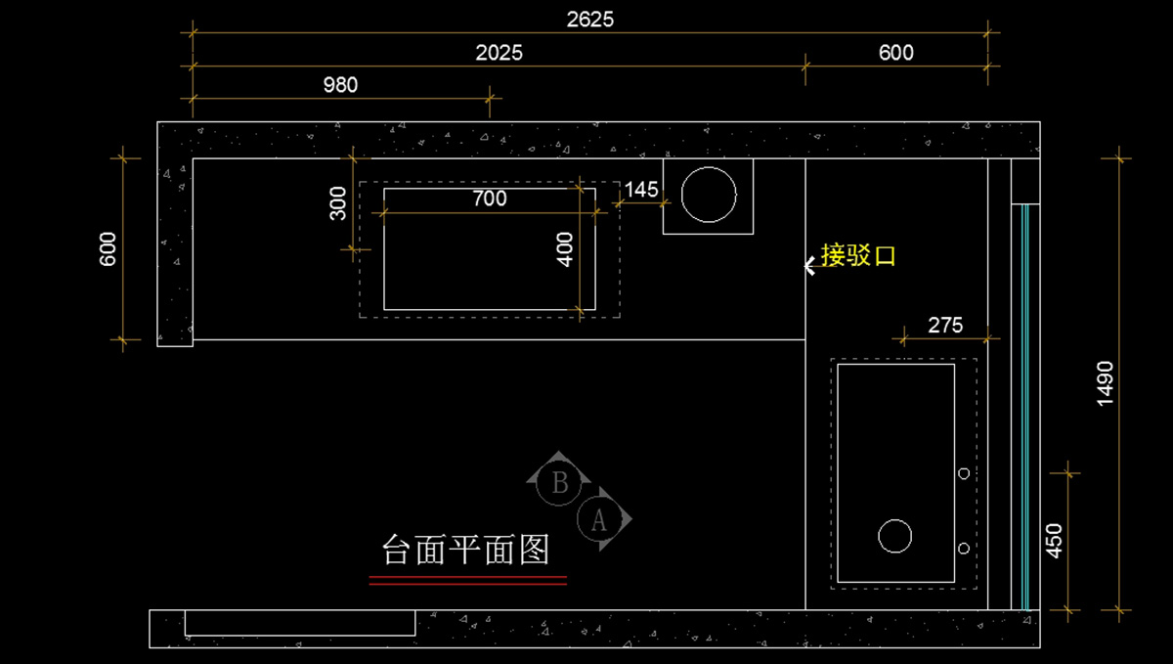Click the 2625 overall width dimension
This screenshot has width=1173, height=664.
[x=590, y=19]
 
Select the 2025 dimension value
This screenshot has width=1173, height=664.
[x=500, y=53]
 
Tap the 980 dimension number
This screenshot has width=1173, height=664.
[x=340, y=85]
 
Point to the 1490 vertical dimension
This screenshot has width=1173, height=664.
[x=1105, y=383]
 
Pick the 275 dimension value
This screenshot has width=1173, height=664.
[x=945, y=326]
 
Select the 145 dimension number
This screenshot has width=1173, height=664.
[x=641, y=190]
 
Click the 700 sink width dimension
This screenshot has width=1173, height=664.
[x=489, y=199]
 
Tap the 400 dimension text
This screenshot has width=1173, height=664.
[x=564, y=248]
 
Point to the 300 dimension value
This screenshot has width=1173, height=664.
[x=338, y=203]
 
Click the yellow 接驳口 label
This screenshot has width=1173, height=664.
[x=858, y=256]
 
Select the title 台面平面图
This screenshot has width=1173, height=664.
[x=466, y=550]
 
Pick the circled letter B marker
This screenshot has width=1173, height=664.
[x=560, y=482]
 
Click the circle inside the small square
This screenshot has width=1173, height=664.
[x=709, y=196]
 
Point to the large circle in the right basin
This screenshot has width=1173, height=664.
[x=894, y=536]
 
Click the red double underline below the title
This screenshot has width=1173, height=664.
[x=468, y=581]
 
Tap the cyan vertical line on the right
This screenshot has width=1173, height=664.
[x=1024, y=406]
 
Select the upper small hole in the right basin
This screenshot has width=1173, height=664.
[x=964, y=473]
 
